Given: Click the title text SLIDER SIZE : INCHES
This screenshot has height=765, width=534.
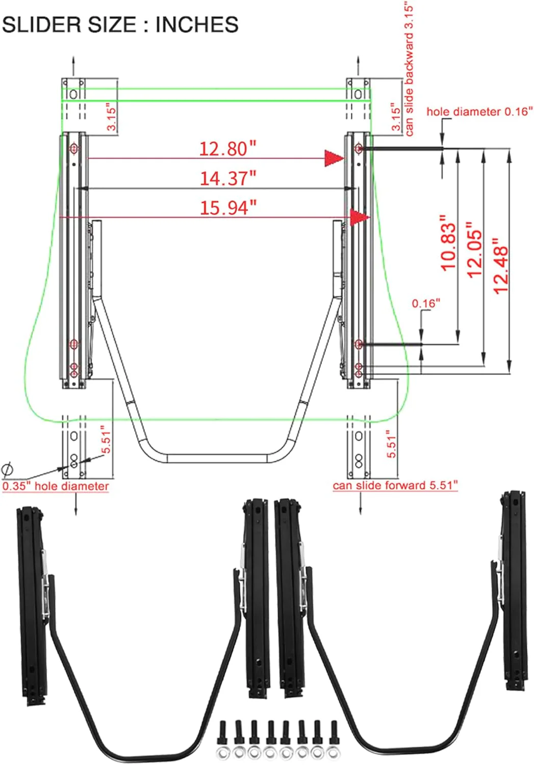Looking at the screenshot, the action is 120,24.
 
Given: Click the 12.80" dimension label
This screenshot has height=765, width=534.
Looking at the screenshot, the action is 227,149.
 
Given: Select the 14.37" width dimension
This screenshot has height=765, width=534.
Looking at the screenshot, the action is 228,178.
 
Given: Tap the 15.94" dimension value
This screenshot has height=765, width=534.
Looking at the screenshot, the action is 228,208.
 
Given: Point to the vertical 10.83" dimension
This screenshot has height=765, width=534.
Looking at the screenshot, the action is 448,243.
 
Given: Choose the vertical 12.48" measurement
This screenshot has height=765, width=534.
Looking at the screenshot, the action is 500,266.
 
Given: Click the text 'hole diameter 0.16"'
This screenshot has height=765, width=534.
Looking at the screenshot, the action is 479,112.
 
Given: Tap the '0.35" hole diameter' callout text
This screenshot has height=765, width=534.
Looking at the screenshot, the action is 56,486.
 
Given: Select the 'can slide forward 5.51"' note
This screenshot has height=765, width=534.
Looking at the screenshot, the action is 395,486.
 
